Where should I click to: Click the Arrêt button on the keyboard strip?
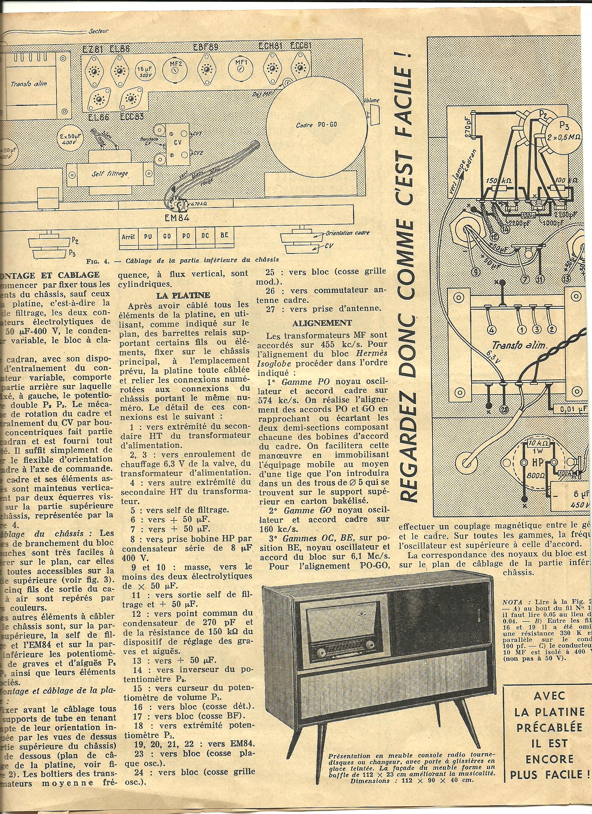[128, 237]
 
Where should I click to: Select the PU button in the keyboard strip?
[148, 237]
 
